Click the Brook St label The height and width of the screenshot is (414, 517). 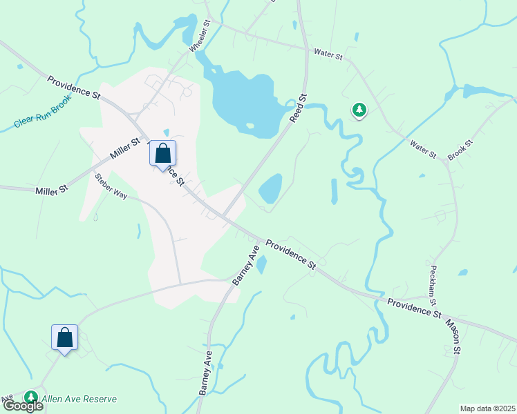pos(459,150)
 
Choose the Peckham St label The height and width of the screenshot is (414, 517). pos(433,284)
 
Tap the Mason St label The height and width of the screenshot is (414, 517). pos(453,337)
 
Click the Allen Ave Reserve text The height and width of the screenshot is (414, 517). pos(79,399)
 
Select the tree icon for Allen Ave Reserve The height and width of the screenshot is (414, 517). pos(31,397)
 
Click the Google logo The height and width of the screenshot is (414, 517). pos(23,406)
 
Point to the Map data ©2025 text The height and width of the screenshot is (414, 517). pos(487,408)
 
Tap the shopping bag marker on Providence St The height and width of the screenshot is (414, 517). pos(162,153)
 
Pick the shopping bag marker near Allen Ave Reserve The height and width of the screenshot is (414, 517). pos(64,337)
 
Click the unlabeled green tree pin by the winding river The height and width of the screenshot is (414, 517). pos(359,109)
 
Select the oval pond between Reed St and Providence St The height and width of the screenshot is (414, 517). pos(270,188)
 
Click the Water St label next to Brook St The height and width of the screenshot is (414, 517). pos(424,149)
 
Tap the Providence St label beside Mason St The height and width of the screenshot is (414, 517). pos(413,308)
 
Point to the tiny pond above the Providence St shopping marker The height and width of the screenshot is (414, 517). pos(166,132)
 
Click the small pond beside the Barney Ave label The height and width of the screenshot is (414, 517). pos(261,265)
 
